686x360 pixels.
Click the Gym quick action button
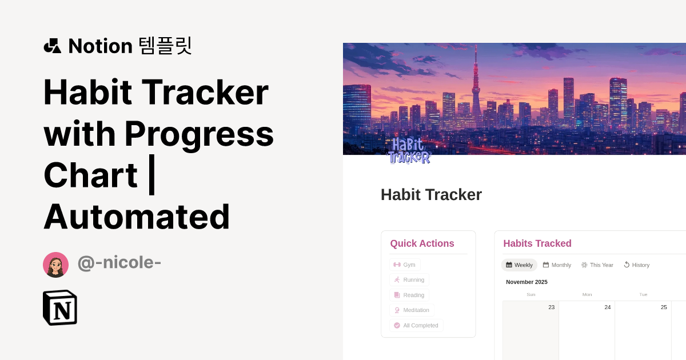point(405,265)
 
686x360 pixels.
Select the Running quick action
point(409,280)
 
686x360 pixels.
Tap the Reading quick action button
point(409,295)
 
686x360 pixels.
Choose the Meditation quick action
point(412,310)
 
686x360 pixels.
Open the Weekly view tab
point(519,265)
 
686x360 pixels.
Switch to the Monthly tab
point(557,265)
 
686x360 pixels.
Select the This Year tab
point(597,265)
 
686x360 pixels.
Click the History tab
point(636,265)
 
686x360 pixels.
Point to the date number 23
point(551,307)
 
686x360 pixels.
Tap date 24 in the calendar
point(608,307)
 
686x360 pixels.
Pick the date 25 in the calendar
point(664,307)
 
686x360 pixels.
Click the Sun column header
point(531,295)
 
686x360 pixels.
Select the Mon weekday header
point(587,295)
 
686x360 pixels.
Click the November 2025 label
point(527,282)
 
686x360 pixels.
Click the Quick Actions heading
point(422,243)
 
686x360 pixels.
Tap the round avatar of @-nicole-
point(56,265)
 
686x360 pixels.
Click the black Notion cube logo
point(60,308)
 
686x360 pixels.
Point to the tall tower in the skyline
point(476,86)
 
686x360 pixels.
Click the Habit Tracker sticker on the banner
point(409,150)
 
